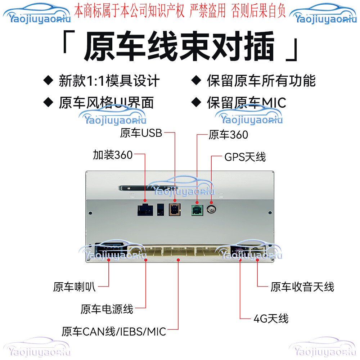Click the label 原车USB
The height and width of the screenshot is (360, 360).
141,133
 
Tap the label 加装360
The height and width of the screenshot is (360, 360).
113,155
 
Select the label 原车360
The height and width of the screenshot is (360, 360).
228,135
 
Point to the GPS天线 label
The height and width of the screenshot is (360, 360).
245,157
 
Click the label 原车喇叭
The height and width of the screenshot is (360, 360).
75,287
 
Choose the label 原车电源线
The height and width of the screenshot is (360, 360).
107,309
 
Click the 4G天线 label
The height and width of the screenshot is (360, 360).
271,319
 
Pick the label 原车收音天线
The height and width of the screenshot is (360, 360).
302,287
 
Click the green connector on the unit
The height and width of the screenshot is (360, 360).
197,209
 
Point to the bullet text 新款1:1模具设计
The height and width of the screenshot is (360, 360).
109,81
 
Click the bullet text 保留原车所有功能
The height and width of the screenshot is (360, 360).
261,81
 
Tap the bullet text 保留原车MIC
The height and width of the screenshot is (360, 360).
246,103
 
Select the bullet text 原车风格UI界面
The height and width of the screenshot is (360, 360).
106,103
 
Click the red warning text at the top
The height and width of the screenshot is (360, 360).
180,11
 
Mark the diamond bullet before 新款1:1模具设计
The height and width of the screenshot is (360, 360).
48,80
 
